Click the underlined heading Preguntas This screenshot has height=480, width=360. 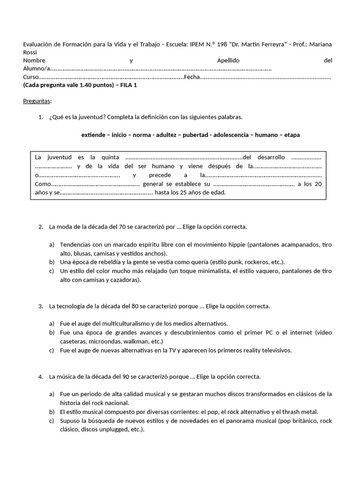(x=37, y=101)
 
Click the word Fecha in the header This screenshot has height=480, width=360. (x=191, y=77)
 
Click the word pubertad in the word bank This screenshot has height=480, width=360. (x=196, y=135)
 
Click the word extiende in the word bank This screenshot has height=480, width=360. (x=93, y=135)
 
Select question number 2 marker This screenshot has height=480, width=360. (x=40, y=227)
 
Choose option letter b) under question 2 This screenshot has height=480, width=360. (x=52, y=262)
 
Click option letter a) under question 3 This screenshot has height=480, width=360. (x=52, y=323)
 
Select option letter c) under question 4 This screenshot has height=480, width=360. (x=52, y=420)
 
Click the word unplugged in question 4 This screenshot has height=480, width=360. (x=114, y=429)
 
